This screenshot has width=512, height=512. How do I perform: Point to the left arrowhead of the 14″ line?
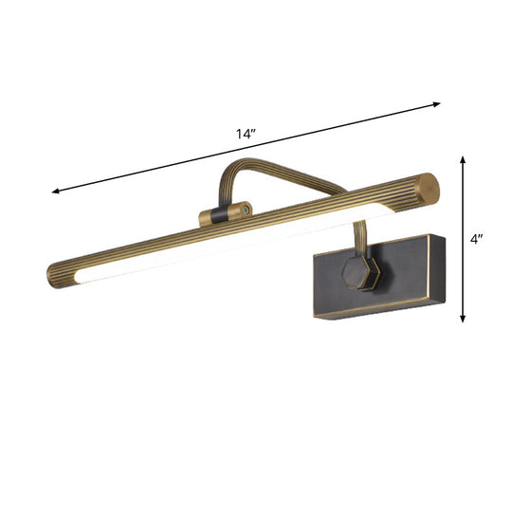click(x=56, y=192)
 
